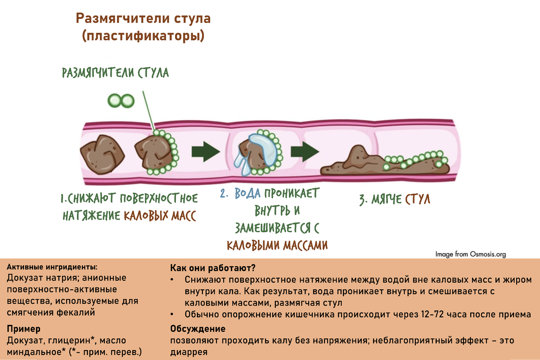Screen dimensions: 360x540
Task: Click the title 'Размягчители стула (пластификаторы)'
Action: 143,27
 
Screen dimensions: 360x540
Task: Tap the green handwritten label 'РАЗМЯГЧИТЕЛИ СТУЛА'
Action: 115,72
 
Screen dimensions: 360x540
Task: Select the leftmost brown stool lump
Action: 103,150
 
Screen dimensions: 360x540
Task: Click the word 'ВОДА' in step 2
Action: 247,194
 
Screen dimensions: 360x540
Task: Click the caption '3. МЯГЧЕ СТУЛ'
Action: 395,199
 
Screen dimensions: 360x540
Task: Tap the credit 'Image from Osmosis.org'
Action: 470,254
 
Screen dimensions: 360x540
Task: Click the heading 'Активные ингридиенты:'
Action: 52,267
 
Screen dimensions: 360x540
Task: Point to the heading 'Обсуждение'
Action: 198,329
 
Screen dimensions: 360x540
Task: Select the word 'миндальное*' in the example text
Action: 30,351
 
